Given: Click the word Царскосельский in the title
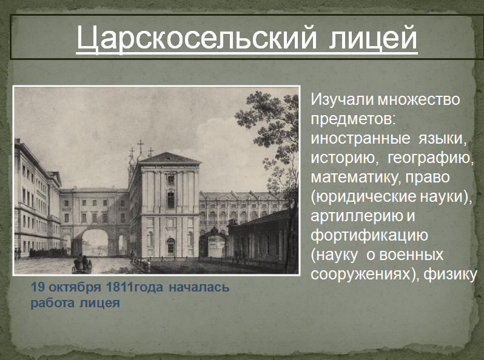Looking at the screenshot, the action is pos(197,38).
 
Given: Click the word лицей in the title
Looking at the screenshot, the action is pos(373,38).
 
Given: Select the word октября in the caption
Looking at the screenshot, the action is pos(75,287).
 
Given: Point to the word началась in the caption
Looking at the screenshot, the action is pos(200,287).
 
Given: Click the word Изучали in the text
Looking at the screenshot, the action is pos(342,99).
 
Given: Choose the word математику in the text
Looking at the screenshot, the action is pos(355,178).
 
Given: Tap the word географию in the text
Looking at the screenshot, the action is pos(430,158).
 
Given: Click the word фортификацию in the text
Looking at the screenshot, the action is pos(369,235).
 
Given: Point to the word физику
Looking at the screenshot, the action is pos(451,274).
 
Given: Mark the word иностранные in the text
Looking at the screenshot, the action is pos(360,139).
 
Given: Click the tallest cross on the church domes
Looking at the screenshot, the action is pos(141,145).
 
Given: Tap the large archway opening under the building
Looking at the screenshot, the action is pos(95,243).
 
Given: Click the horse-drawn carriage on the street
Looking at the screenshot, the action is pos(82,264).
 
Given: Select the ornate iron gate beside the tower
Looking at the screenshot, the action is pos(213,242).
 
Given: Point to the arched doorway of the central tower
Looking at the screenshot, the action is pos(170,247).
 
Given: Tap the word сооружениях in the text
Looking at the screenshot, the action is pos(362,274).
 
